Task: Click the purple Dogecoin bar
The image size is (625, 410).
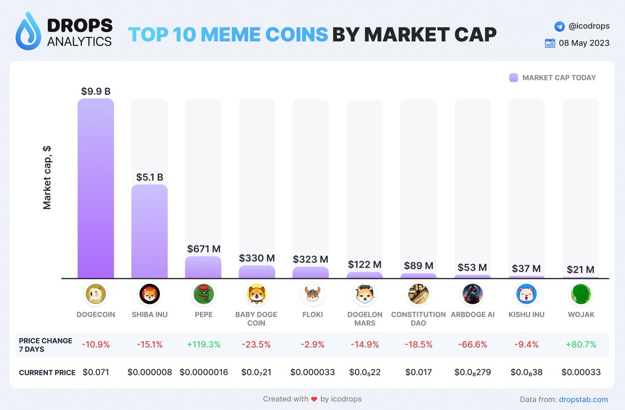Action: (96, 188)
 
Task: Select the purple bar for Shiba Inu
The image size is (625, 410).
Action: (149, 232)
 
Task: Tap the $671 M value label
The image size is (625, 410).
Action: (203, 249)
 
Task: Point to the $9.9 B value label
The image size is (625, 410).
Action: (96, 91)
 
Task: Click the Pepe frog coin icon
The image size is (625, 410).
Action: (203, 295)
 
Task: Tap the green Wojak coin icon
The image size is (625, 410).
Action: (581, 295)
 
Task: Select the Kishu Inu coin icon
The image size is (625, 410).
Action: (527, 295)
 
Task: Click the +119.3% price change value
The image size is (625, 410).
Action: (203, 344)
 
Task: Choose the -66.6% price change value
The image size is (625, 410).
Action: (472, 344)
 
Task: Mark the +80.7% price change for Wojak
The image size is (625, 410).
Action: (581, 344)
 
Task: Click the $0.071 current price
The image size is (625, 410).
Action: (96, 373)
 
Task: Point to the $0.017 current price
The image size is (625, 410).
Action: (418, 373)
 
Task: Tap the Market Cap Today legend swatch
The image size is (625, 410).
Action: (514, 78)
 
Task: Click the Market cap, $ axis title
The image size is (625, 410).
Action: (47, 177)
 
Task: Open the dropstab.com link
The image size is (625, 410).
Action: (583, 399)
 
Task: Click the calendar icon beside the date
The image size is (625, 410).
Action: (549, 43)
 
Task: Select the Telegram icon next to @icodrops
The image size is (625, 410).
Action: (559, 25)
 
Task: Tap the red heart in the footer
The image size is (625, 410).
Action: (314, 399)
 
